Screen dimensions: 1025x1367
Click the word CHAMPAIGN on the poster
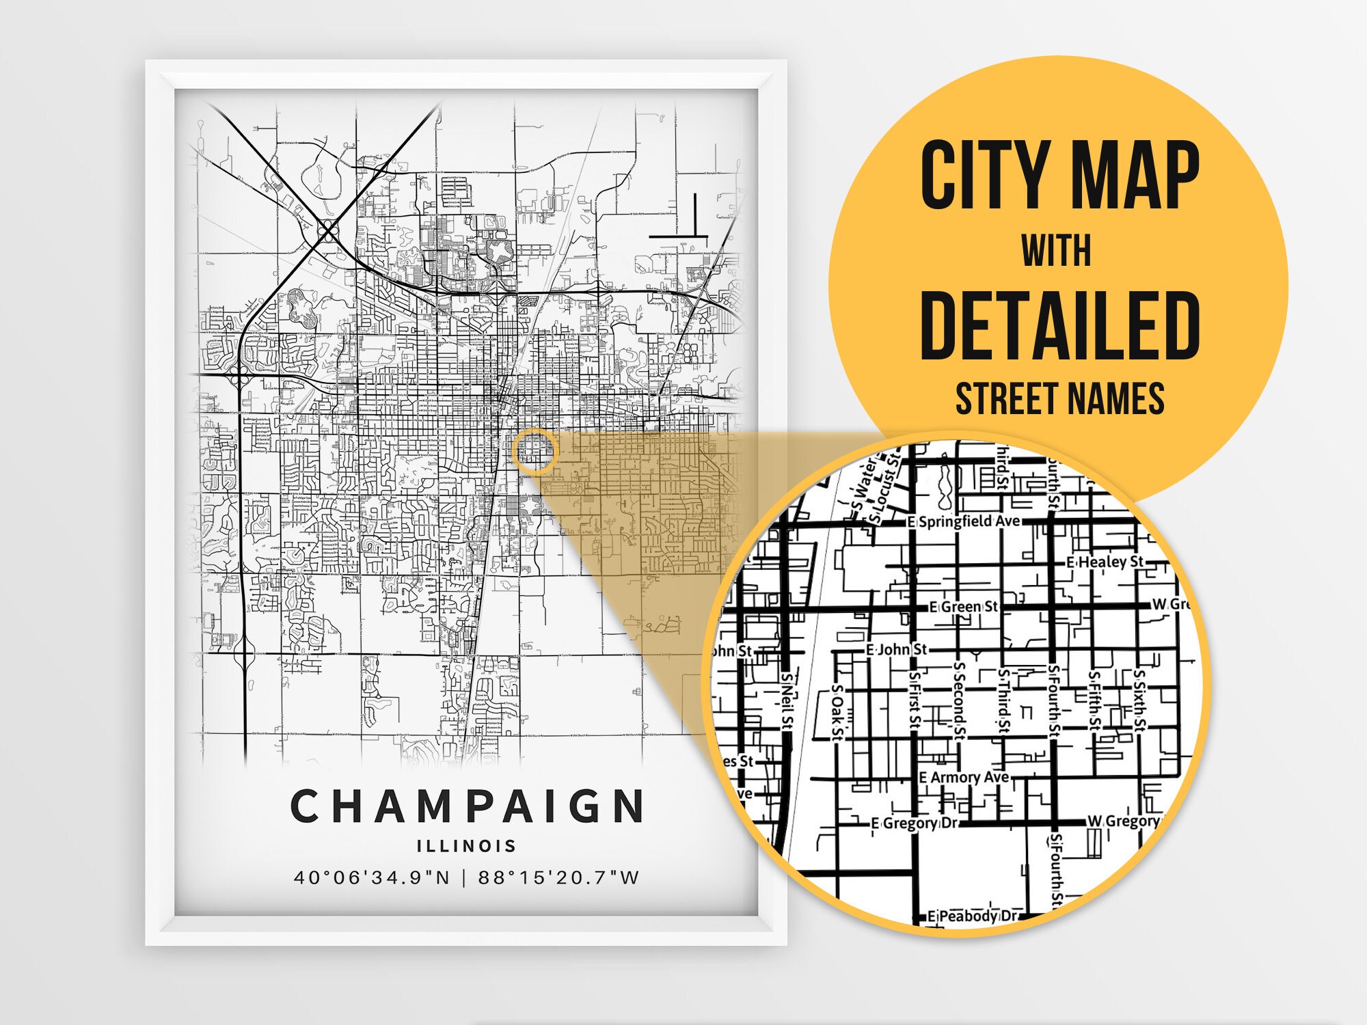coord(467,806)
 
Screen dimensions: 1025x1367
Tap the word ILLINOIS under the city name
coord(467,846)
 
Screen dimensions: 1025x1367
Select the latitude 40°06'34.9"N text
coord(372,877)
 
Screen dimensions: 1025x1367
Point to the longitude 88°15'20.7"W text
coord(558,877)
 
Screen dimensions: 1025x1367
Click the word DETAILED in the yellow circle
coord(1059,326)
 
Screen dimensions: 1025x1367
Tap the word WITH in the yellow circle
coord(1057,251)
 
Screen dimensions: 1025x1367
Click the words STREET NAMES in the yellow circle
coord(1059,398)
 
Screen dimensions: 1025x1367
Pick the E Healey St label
coord(1105,562)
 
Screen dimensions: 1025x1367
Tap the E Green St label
coord(964,607)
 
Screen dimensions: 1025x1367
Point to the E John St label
coord(896,649)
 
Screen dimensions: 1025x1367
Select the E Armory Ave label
coord(964,778)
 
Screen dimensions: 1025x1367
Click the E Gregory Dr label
coord(916,823)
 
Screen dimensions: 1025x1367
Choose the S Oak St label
coord(838,712)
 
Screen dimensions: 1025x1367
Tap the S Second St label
coord(958,700)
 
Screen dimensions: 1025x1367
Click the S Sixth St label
coord(1139,700)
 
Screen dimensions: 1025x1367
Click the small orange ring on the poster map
coord(535,452)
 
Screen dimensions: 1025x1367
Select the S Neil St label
coord(787,700)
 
